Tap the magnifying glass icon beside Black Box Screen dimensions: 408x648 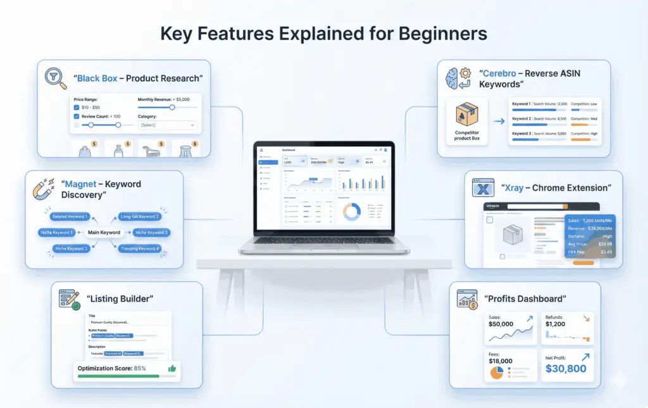tap(56, 78)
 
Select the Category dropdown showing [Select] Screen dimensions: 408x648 tap(168, 125)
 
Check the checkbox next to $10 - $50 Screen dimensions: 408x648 tap(77, 108)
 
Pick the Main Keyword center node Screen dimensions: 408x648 tap(104, 232)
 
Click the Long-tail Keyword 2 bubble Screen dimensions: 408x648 tap(140, 216)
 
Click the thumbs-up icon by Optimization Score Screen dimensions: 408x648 tap(171, 368)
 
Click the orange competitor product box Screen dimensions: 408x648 tap(466, 114)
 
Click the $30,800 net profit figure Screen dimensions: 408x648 tap(566, 368)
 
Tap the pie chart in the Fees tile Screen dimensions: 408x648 tap(497, 372)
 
